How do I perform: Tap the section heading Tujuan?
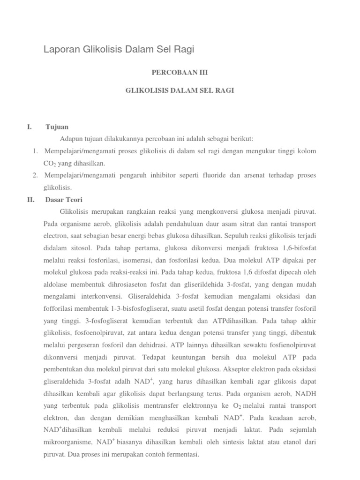57,127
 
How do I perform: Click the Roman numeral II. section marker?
31,199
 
